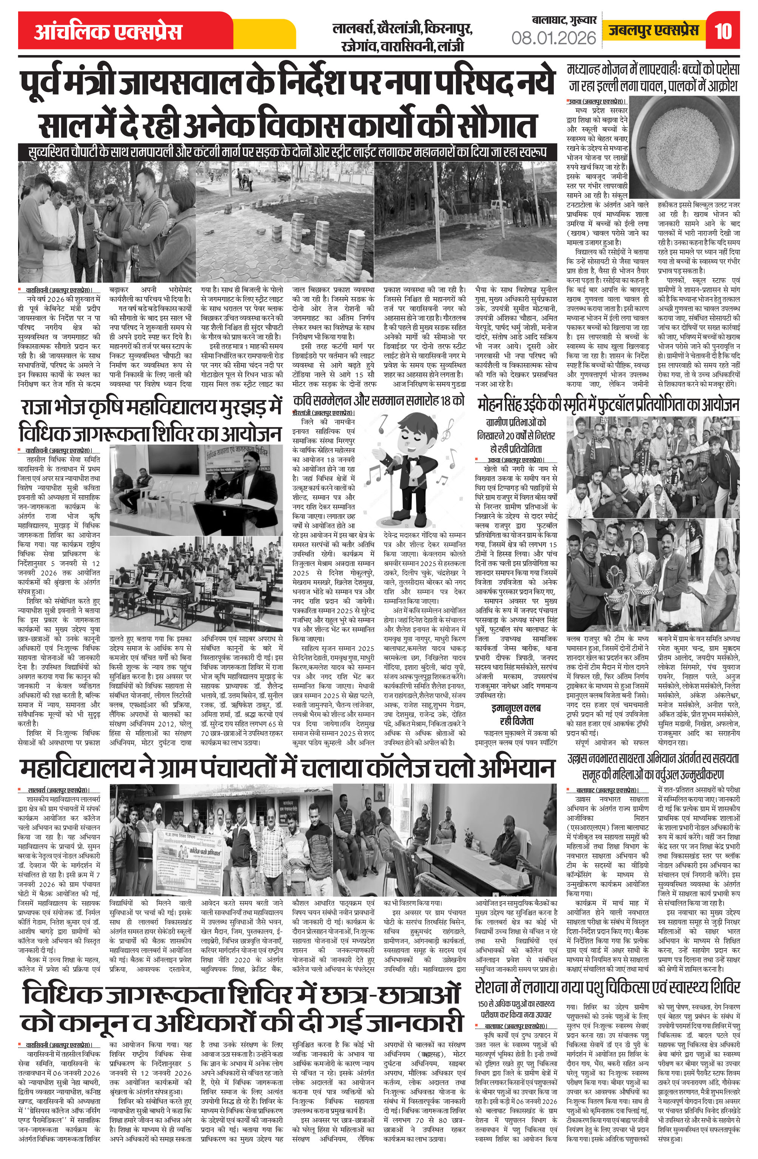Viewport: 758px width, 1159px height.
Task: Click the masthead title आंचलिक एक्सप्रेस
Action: tap(108, 32)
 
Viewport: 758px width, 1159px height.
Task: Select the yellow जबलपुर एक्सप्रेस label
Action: tap(653, 31)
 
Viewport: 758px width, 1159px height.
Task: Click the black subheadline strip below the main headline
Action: tap(287, 151)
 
